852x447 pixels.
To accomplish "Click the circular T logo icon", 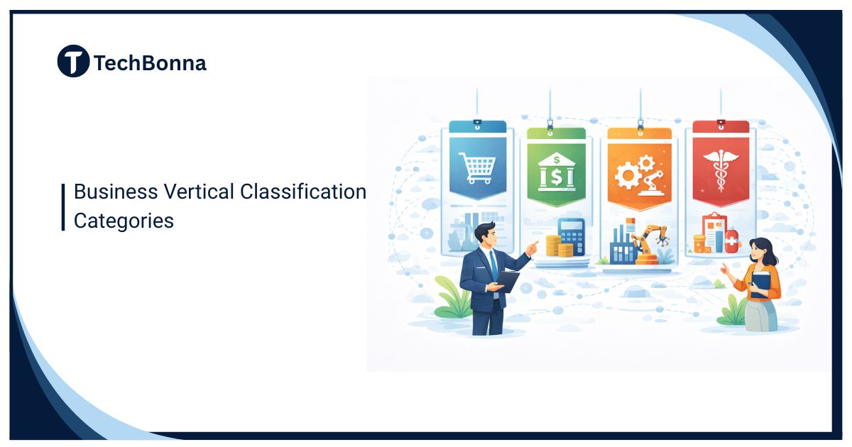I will [73, 61].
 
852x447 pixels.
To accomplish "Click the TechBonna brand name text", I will [150, 63].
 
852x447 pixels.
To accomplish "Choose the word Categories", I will [124, 221].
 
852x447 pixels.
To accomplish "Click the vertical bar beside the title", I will [63, 206].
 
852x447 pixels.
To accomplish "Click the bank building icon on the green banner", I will [557, 170].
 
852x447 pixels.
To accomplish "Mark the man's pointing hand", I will [532, 245].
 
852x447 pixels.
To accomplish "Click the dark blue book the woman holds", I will [760, 282].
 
